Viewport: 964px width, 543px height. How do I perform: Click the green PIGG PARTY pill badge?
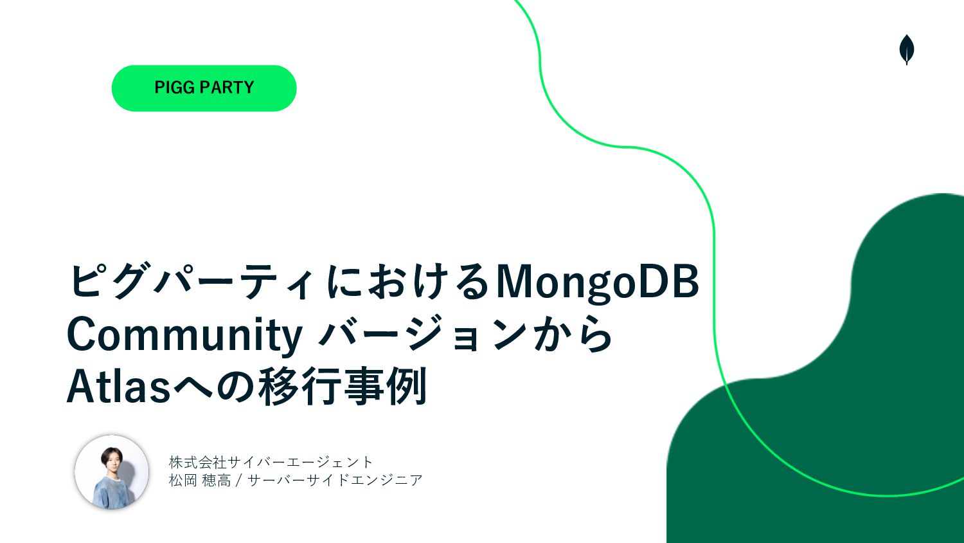[x=204, y=88]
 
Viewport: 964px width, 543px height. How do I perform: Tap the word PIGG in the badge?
[x=175, y=87]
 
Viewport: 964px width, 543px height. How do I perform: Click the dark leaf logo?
[x=907, y=50]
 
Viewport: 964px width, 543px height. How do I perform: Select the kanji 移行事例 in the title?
[x=343, y=386]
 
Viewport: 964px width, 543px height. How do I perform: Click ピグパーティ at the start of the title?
[x=190, y=282]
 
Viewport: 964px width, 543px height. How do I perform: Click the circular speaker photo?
[x=112, y=472]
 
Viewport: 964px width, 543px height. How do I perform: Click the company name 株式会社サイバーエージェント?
[x=271, y=463]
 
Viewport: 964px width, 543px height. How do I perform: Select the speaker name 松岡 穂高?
[x=200, y=480]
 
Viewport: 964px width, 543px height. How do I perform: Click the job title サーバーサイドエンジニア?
[x=335, y=480]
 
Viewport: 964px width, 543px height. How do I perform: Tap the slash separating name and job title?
[x=239, y=481]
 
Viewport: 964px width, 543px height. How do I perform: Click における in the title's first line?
[x=407, y=282]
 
